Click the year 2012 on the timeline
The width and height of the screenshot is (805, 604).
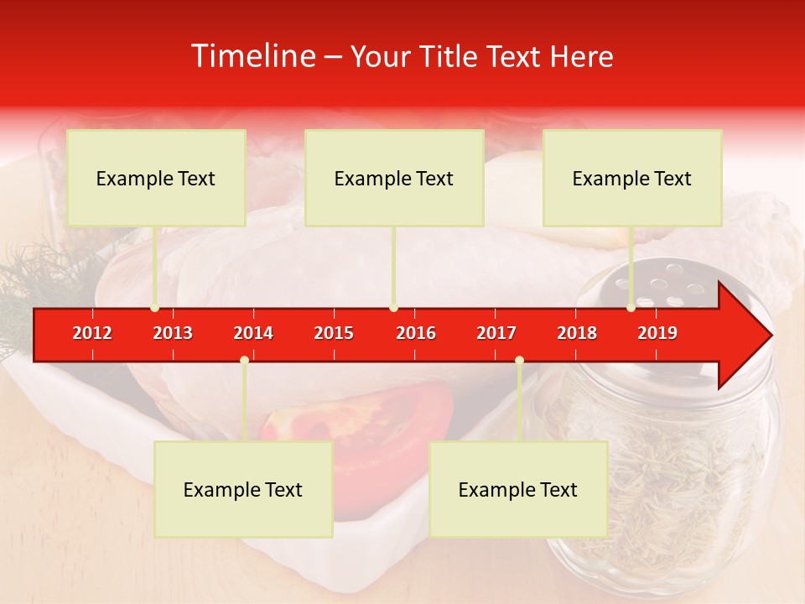coord(92,333)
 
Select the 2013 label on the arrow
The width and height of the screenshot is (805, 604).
coord(173,333)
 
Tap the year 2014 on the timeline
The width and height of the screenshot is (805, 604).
coord(253,333)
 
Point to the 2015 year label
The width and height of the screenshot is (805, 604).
coord(334,333)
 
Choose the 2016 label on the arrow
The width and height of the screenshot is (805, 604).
coord(416,333)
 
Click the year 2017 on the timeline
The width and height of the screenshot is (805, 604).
coord(496,333)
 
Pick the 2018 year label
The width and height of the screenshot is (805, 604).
coord(577,333)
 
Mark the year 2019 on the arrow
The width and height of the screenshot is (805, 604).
coord(657,333)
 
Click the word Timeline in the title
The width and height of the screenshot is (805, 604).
coord(253,56)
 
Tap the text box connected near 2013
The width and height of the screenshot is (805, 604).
coord(156,178)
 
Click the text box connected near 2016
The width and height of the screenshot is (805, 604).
coord(394,178)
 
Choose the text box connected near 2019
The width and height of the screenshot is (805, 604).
coord(632,178)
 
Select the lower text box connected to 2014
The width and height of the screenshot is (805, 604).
coord(243,489)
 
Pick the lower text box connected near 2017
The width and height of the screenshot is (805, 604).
coord(518,489)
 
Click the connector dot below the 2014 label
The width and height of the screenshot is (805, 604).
coord(244,360)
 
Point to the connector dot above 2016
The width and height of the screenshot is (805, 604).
coord(394,308)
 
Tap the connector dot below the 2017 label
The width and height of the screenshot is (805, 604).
coord(519,360)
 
